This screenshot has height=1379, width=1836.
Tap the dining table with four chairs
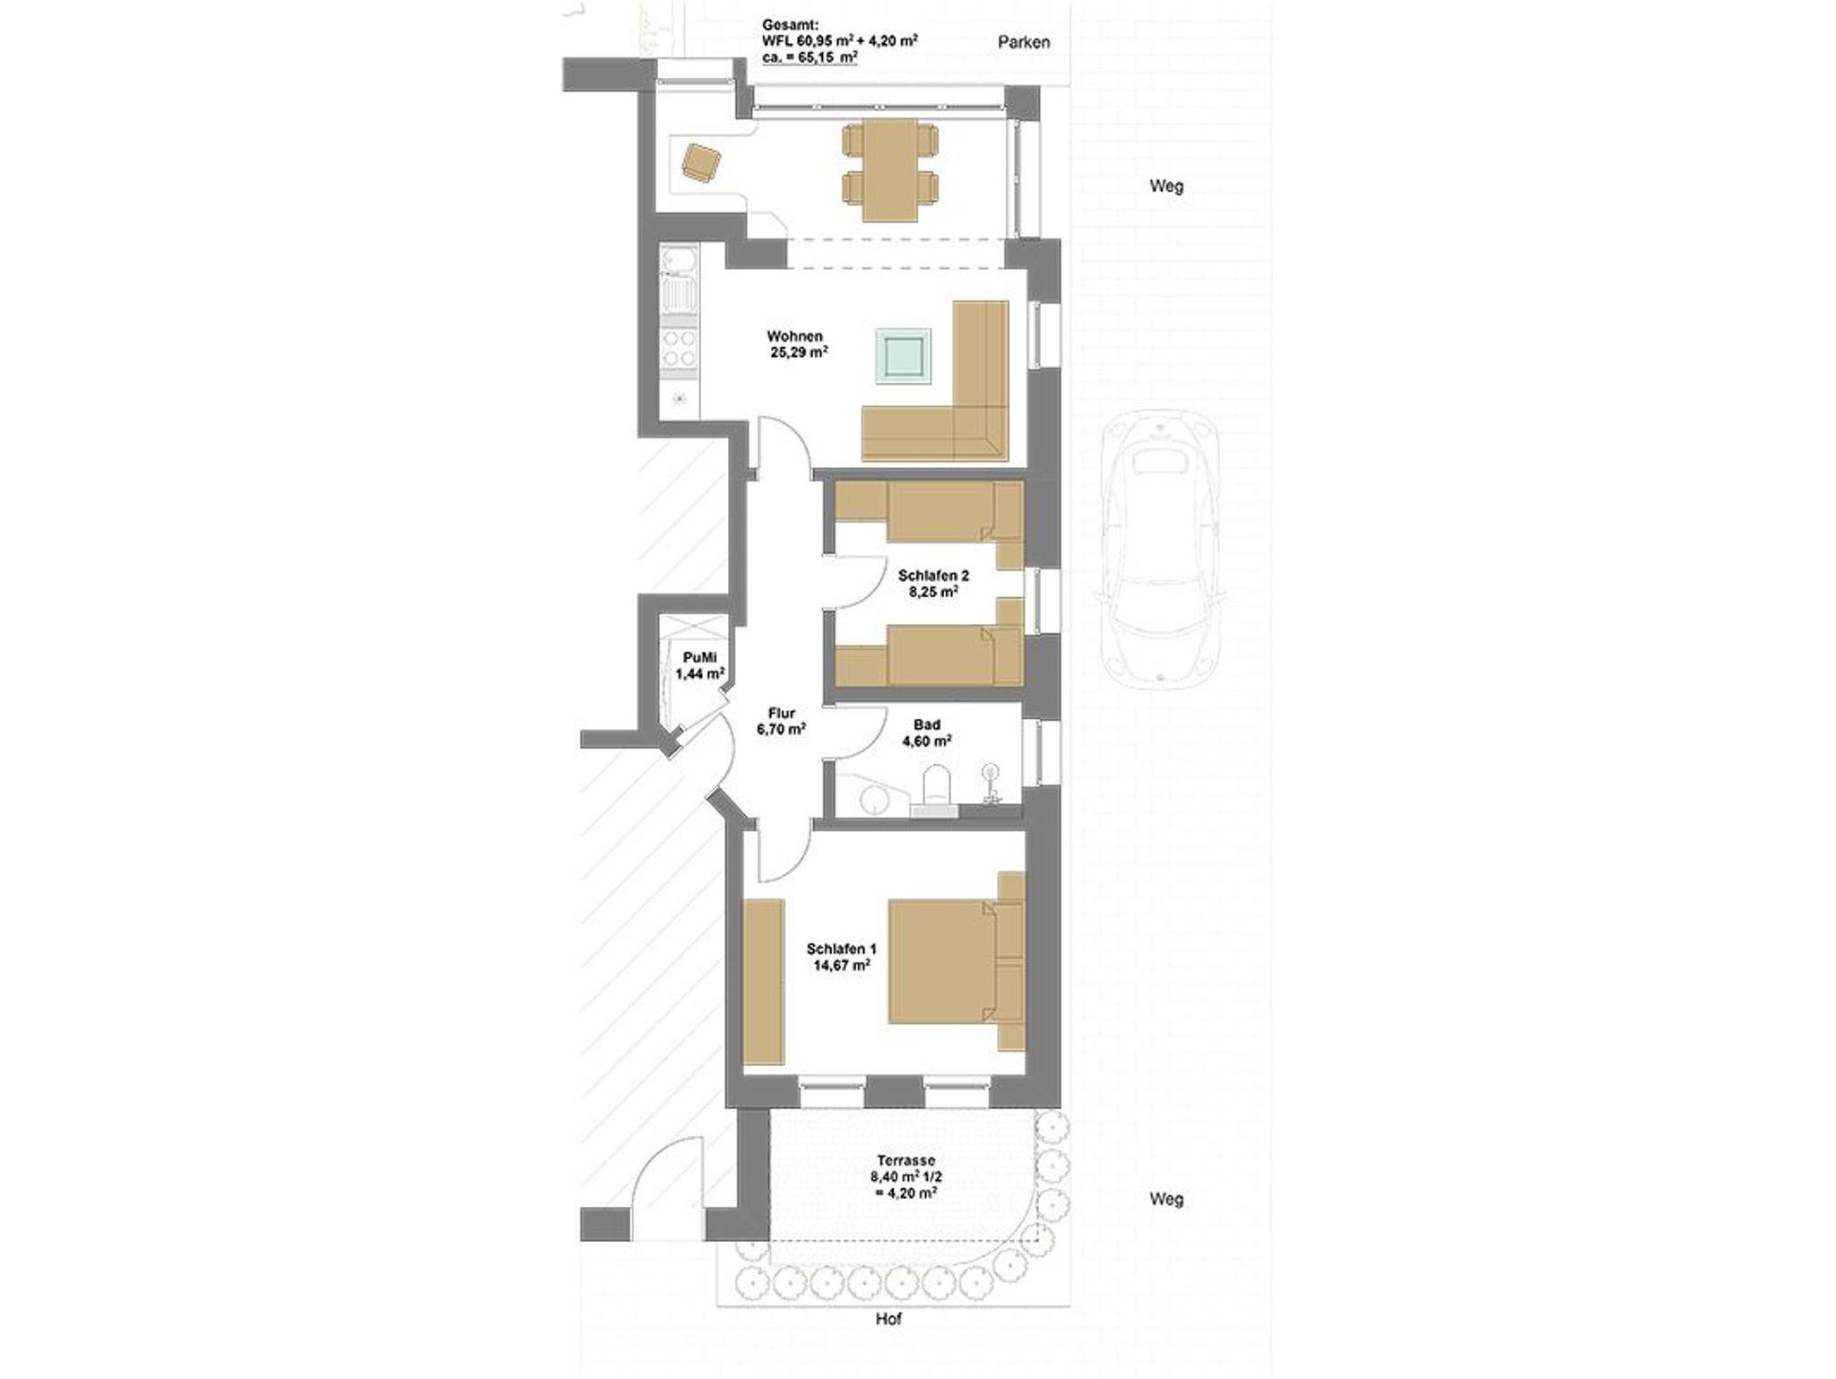890,171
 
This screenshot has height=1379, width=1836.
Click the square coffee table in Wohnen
903,358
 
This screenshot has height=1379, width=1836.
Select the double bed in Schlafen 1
956,961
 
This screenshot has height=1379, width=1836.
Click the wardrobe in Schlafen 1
764,981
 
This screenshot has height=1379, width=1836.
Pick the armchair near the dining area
701,162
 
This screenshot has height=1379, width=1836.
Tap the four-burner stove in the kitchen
679,349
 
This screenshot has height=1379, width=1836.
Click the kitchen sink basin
679,262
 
